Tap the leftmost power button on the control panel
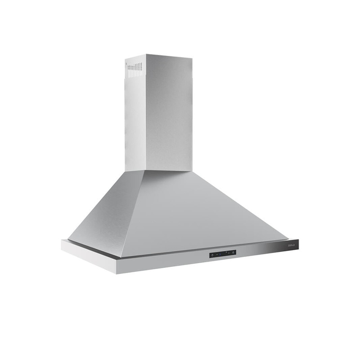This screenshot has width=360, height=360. coord(212,255)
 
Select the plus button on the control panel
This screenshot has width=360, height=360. coord(228,253)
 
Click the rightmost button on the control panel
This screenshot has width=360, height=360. coord(234,252)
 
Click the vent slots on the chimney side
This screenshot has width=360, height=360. coord(135,70)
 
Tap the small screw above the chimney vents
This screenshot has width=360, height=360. coord(126,63)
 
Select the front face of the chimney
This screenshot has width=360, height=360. coord(169,112)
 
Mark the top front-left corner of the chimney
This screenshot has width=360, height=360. coord(145,55)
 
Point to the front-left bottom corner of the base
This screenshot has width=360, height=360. coord(117,273)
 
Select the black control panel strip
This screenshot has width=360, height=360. coord(223,254)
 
